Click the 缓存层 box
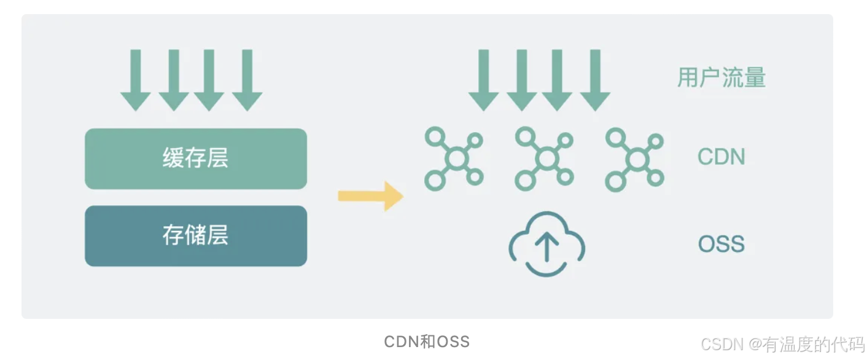pos(195,158)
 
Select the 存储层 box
pos(195,236)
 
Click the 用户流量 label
pos(721,79)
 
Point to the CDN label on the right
pos(721,157)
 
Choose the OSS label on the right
pos(721,245)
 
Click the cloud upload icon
pos(546,245)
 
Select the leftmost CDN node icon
pos(454,158)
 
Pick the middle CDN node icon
pos(545,158)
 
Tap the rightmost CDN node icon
pos(635,158)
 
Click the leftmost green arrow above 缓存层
pos(136,80)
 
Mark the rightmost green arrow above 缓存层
pos(247,80)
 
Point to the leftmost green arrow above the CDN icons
pos(484,80)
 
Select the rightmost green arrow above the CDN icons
pos(595,80)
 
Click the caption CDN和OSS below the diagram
pos(427,342)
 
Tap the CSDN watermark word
pos(722,343)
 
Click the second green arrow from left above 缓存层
pos(174,80)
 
